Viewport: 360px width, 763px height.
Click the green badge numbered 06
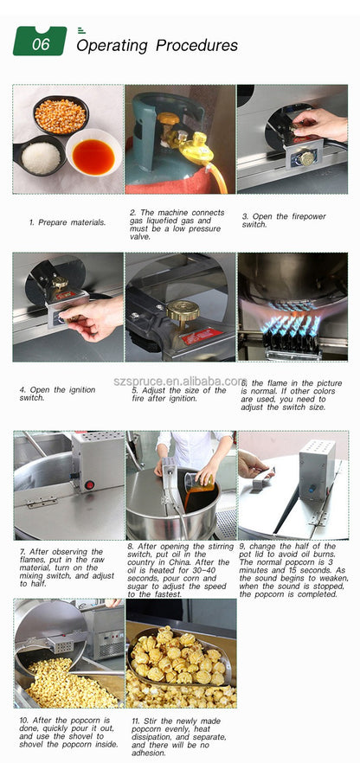click(x=40, y=42)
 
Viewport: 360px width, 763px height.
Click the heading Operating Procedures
click(x=157, y=45)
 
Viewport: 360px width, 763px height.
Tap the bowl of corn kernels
click(x=61, y=116)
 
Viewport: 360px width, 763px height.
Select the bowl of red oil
click(x=93, y=156)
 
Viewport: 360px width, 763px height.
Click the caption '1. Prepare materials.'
click(x=67, y=222)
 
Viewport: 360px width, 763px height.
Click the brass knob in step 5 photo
click(x=183, y=310)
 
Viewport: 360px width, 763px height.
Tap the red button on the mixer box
click(x=89, y=485)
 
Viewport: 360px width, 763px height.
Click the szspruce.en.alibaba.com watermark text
click(x=180, y=381)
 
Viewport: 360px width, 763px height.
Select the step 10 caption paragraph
click(x=67, y=731)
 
